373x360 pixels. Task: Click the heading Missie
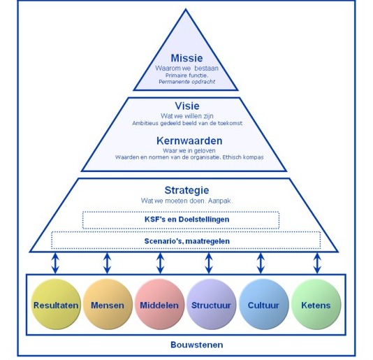(x=186, y=59)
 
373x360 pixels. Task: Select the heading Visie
(x=186, y=107)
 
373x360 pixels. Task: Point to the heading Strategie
(x=186, y=190)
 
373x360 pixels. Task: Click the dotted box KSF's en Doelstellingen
(x=182, y=219)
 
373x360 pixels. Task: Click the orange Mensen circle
(x=107, y=305)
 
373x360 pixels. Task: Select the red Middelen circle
(x=159, y=305)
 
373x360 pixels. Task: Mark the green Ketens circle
(x=315, y=305)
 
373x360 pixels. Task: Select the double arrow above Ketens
(x=316, y=263)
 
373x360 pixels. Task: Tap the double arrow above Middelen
(x=159, y=263)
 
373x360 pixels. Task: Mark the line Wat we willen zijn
(x=186, y=116)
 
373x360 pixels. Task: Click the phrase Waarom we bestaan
(x=186, y=69)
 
